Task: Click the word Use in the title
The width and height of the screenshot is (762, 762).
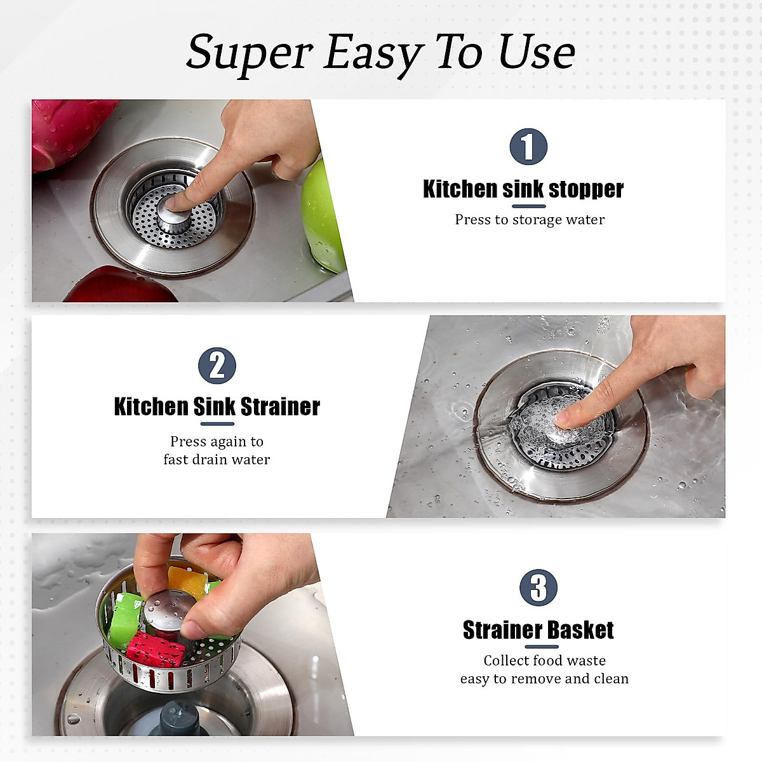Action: coord(537,51)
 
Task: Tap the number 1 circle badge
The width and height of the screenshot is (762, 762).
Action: coord(528,147)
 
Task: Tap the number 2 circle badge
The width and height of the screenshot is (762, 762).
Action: coord(217,366)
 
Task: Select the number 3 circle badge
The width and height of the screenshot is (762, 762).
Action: coord(538,587)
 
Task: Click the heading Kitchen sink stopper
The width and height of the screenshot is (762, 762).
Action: coord(523,189)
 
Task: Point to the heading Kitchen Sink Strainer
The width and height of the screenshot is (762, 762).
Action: coord(217,406)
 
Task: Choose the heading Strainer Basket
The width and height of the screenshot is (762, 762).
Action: coord(538,630)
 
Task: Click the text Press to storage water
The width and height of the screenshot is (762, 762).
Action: coord(530,220)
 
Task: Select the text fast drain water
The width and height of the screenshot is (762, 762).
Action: coord(217,459)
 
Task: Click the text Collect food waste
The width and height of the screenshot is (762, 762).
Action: coord(544,660)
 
